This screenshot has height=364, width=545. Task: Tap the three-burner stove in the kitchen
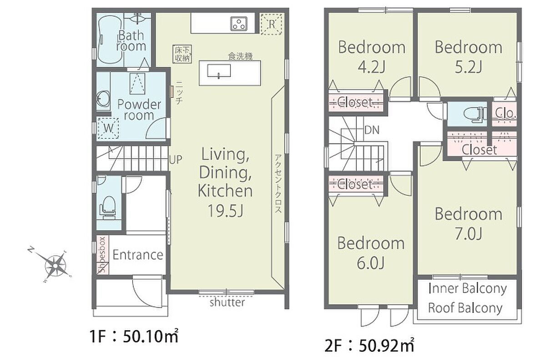[x=239, y=24]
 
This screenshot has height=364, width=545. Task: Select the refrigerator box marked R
[x=272, y=24]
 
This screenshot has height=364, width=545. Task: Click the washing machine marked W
[x=108, y=128]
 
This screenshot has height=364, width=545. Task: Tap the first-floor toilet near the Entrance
[x=108, y=207]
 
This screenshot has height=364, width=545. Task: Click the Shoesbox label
[x=102, y=255]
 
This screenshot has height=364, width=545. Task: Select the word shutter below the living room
[x=227, y=302]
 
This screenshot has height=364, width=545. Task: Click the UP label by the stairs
[x=176, y=160]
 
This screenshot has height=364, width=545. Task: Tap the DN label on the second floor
[x=372, y=131]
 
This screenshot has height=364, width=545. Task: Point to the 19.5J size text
[x=225, y=210]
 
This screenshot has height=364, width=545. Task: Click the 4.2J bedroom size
[x=372, y=67]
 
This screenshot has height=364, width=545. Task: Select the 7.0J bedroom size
[x=468, y=234]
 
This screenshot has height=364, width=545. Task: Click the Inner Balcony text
[x=468, y=289]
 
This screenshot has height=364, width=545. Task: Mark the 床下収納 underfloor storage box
[x=182, y=54]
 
